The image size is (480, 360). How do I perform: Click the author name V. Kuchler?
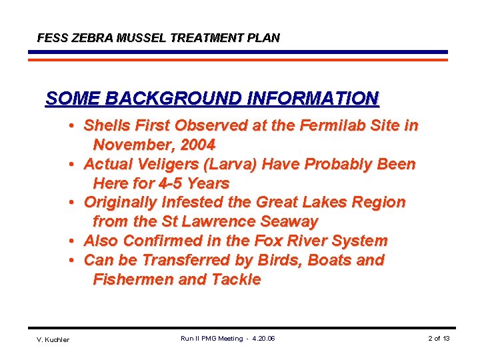pyautogui.click(x=53, y=339)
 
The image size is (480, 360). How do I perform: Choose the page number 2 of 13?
pyautogui.click(x=439, y=339)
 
